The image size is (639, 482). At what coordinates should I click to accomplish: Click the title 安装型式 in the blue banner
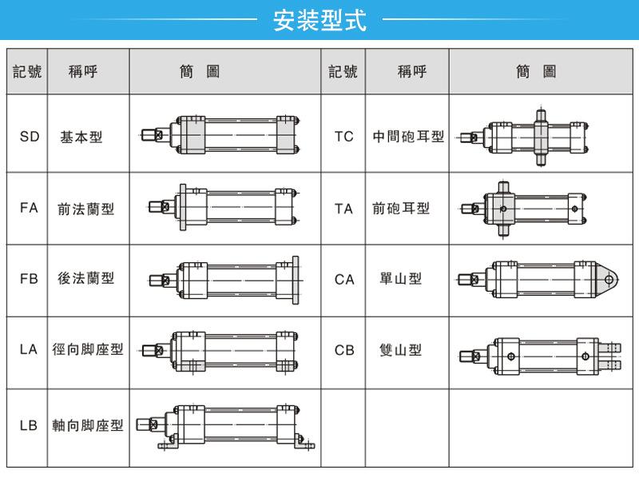319,20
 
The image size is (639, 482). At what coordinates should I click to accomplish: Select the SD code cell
29,137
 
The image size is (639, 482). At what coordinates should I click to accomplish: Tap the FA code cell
29,209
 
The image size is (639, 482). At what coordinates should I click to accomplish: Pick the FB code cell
29,279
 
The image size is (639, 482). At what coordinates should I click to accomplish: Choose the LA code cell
29,350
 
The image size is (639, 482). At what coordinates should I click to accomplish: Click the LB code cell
29,426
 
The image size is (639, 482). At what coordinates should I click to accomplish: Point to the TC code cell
343,137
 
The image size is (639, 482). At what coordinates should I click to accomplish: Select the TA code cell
343,209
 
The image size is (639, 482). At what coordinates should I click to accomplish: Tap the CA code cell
343,279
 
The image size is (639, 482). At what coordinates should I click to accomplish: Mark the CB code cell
343,350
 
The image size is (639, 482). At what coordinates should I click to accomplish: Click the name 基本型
81,137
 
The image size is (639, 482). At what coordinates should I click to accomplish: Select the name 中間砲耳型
408,137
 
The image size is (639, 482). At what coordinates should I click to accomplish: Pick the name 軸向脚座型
87,426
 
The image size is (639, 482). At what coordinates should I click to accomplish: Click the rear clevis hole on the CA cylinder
609,280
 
